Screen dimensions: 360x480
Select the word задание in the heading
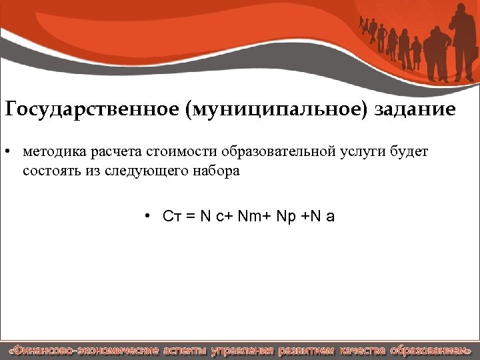click(x=415, y=109)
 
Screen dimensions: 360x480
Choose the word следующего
click(x=151, y=171)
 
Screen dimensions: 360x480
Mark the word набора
click(x=216, y=171)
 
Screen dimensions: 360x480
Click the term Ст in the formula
click(x=170, y=216)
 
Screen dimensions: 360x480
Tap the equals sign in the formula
click(x=189, y=216)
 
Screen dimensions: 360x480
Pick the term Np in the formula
click(x=283, y=216)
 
